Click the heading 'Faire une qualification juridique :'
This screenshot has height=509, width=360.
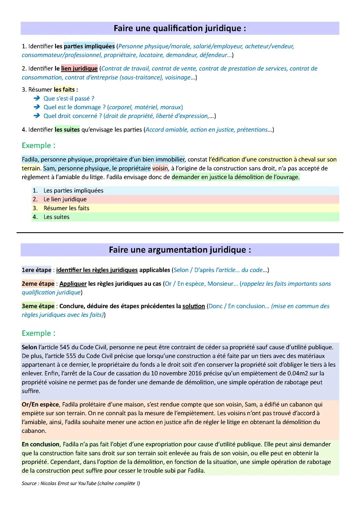pyautogui.click(x=180, y=28)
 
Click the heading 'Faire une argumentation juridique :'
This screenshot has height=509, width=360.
pyautogui.click(x=180, y=250)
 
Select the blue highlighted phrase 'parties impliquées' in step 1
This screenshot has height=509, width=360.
pyautogui.click(x=89, y=46)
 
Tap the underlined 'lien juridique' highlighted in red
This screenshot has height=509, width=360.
pyautogui.click(x=79, y=69)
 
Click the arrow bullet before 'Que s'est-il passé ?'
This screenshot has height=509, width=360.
pyautogui.click(x=37, y=99)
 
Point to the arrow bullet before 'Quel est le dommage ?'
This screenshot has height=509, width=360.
pyautogui.click(x=37, y=107)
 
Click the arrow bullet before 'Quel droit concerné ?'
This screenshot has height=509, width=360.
pyautogui.click(x=37, y=116)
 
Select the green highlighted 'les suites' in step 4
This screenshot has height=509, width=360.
pyautogui.click(x=67, y=130)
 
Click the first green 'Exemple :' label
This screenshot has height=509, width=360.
pyautogui.click(x=38, y=146)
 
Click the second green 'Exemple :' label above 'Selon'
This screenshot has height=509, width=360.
pyautogui.click(x=38, y=333)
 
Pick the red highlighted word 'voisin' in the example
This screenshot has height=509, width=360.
pyautogui.click(x=160, y=168)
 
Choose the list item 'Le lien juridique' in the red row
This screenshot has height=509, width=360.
pyautogui.click(x=65, y=199)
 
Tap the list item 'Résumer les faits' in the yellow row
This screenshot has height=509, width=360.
pyautogui.click(x=66, y=208)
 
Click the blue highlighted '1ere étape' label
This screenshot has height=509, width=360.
pyautogui.click(x=36, y=270)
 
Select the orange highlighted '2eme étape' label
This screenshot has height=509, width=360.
pyautogui.click(x=38, y=284)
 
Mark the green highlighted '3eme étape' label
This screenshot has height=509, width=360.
pyautogui.click(x=38, y=306)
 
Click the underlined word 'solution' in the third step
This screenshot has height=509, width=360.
pyautogui.click(x=193, y=306)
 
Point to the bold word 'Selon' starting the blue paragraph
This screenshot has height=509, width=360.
pyautogui.click(x=29, y=347)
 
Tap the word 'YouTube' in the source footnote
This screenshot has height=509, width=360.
pyautogui.click(x=87, y=483)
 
